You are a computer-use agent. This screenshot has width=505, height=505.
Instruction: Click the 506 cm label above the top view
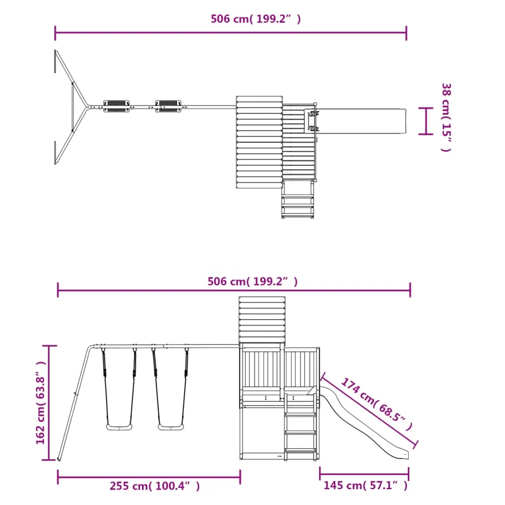(x=256, y=19)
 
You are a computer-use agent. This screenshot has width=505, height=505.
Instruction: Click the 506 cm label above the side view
(x=252, y=282)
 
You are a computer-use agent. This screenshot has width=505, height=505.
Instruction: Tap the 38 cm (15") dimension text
(x=446, y=117)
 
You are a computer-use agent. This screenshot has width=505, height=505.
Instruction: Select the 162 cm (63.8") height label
(x=41, y=402)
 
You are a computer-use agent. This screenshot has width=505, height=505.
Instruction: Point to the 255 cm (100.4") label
(x=154, y=486)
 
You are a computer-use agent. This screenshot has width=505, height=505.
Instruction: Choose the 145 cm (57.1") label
(x=365, y=485)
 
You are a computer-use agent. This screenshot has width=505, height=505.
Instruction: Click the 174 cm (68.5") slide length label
(x=377, y=403)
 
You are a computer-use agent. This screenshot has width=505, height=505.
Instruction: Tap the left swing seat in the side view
(x=119, y=427)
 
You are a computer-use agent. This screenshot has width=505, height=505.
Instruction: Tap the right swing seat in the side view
(x=171, y=427)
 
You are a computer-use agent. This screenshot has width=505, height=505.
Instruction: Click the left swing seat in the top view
(x=116, y=107)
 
